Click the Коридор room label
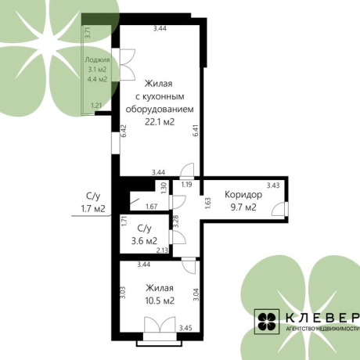tap(243, 195)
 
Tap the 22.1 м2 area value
tap(160, 122)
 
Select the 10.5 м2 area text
tap(160, 301)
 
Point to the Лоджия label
tap(97, 60)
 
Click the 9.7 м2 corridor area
tap(243, 207)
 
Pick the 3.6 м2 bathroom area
tap(144, 240)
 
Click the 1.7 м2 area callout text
tap(93, 209)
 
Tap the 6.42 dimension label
tap(124, 131)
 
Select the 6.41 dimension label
tap(196, 131)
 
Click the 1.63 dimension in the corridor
tap(208, 203)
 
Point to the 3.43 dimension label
tap(273, 185)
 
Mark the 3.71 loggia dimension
tap(88, 33)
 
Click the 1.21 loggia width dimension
tap(96, 106)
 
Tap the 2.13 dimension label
tap(162, 250)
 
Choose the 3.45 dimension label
tap(185, 328)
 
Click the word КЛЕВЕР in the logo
tap(322, 318)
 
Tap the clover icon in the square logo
tap(267, 322)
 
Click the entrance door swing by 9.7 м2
tap(278, 209)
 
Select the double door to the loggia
tap(128, 64)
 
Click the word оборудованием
tap(160, 109)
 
